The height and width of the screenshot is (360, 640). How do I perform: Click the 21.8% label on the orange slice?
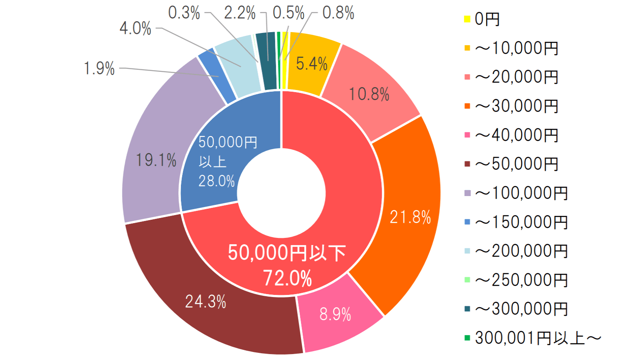click(x=410, y=217)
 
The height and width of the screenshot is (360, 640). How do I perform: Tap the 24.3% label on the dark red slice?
click(x=205, y=302)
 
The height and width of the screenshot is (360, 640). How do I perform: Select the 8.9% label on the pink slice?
click(x=335, y=314)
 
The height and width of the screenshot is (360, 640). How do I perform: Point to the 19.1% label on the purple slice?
click(x=156, y=160)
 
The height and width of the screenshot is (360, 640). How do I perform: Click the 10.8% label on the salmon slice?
click(x=369, y=94)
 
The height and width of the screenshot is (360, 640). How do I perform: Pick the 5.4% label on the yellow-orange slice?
click(x=312, y=64)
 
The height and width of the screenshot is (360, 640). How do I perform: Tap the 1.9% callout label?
click(x=99, y=68)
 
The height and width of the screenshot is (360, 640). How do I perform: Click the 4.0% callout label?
click(x=135, y=28)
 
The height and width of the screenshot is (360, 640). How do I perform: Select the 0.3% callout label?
click(x=184, y=13)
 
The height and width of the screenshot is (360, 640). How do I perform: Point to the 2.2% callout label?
click(x=240, y=13)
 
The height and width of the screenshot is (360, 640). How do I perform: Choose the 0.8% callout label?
click(x=338, y=13)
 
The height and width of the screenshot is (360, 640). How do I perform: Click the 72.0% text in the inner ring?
click(x=287, y=278)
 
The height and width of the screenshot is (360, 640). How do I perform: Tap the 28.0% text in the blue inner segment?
click(x=216, y=181)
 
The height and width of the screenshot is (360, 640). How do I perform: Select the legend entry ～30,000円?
click(x=517, y=106)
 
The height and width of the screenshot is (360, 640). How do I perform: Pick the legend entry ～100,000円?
click(x=521, y=193)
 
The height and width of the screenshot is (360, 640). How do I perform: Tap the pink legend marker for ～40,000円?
click(x=467, y=135)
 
